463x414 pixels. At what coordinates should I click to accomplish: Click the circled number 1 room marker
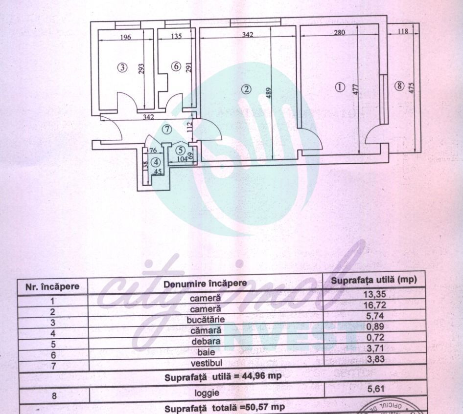(340, 87)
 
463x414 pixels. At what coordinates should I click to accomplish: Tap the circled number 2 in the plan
(247, 88)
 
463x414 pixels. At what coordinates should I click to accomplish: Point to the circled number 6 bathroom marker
(176, 66)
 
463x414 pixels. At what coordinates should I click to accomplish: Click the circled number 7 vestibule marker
(167, 130)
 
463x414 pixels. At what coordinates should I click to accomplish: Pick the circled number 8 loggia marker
(400, 86)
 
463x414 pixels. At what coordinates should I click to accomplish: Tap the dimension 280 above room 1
(339, 33)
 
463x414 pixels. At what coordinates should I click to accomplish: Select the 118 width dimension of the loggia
(403, 32)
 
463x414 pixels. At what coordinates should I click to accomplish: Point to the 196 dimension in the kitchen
(126, 37)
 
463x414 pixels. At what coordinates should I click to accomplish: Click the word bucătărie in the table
(206, 320)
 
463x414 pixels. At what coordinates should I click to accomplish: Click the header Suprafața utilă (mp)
(373, 281)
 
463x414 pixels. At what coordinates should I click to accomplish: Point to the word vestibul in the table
(206, 363)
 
